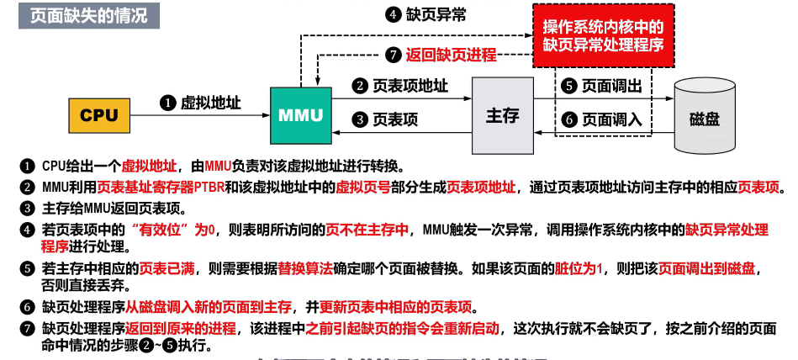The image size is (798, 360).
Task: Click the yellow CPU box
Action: coord(99,114)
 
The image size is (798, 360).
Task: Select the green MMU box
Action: coord(300,114)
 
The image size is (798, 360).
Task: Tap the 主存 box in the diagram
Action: coord(502,114)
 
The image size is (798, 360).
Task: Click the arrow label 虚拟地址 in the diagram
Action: coord(211,103)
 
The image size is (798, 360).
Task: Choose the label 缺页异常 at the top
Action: coord(431,14)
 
